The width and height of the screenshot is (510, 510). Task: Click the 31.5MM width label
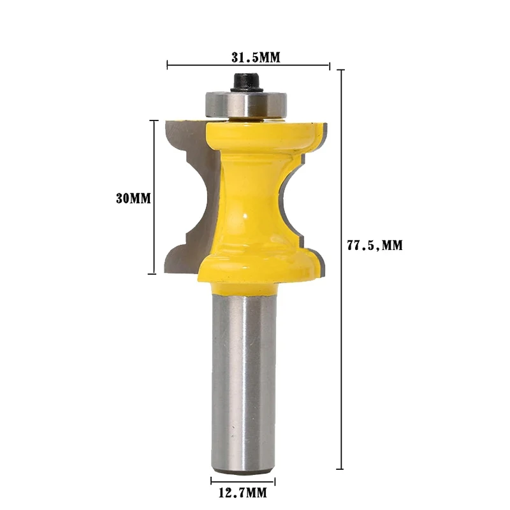pos(255,57)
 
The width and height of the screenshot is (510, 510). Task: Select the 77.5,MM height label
pos(375,245)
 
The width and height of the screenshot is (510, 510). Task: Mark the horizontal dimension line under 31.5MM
pos(249,64)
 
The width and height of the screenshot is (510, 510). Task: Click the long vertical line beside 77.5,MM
pos(342,268)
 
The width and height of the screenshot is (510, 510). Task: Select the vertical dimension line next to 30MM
pos(154,197)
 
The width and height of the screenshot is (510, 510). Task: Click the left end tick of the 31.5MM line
pos(168,64)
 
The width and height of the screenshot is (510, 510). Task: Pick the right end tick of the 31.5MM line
pos(329,64)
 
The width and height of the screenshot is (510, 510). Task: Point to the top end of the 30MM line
pos(154,120)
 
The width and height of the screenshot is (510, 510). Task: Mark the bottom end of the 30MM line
pos(154,274)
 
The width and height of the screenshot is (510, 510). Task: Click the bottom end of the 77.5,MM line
pos(342,469)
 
